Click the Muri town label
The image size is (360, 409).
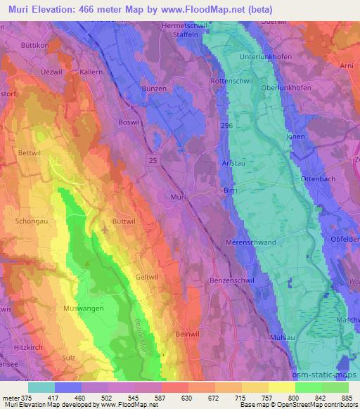(x=178, y=197)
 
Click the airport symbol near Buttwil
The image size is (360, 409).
(x=105, y=228)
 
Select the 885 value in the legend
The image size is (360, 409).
(x=348, y=398)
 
